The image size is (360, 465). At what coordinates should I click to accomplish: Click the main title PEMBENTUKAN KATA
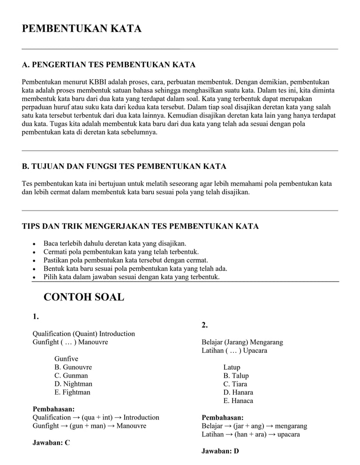82,29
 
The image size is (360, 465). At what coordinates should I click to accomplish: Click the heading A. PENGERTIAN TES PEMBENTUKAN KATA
109,65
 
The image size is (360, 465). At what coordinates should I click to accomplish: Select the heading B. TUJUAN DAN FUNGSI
124,167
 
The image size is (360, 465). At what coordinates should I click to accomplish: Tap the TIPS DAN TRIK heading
140,227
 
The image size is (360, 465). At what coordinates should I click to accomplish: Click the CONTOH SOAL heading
84,297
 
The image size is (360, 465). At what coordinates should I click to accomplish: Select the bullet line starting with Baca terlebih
115,244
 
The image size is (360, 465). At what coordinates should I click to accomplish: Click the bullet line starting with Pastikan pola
126,260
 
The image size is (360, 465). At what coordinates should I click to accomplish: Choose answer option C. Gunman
71,375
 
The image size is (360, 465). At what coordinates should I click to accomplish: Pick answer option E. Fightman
72,392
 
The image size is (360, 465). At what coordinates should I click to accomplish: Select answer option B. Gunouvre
73,367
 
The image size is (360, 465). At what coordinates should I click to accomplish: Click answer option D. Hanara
238,392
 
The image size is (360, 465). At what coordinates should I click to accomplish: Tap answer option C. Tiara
235,384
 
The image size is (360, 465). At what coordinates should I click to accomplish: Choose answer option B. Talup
236,375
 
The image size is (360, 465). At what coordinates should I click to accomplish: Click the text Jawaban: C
51,442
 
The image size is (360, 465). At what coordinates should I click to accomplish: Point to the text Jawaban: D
220,451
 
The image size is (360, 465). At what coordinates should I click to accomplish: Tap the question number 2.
205,325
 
